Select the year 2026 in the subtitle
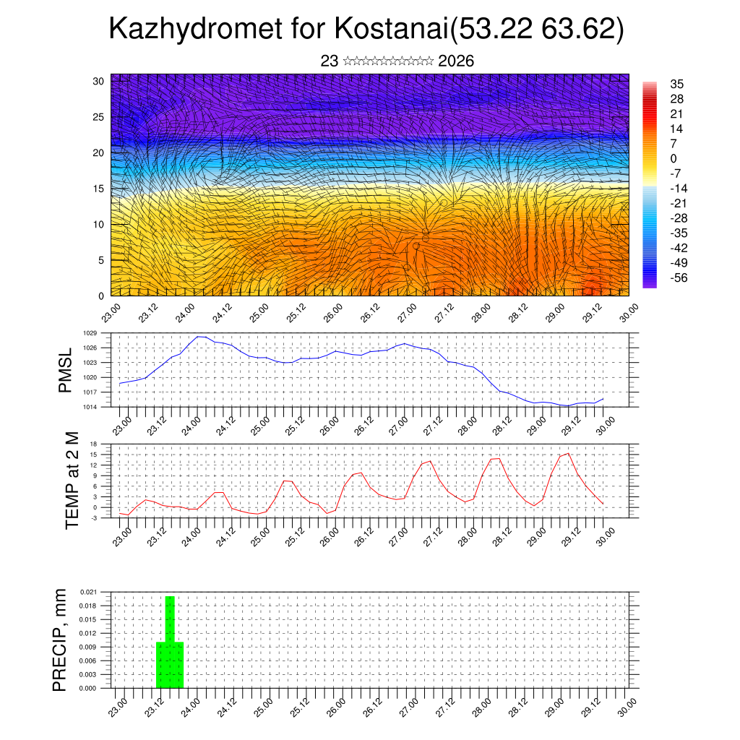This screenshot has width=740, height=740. [x=456, y=61]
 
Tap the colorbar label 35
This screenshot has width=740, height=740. [x=677, y=84]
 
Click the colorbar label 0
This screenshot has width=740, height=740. [x=674, y=158]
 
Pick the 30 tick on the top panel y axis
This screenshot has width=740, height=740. [x=98, y=81]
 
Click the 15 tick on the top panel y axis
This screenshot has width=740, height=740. [x=98, y=189]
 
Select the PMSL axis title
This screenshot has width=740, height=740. [x=65, y=370]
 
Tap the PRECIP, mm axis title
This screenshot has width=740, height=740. [x=60, y=640]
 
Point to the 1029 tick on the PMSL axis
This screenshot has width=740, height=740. [x=90, y=333]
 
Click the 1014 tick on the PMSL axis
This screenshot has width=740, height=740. [x=90, y=407]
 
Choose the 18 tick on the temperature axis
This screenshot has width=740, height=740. [x=92, y=444]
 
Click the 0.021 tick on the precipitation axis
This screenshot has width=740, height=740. [x=88, y=592]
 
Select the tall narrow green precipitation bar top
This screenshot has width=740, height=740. [x=170, y=598]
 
